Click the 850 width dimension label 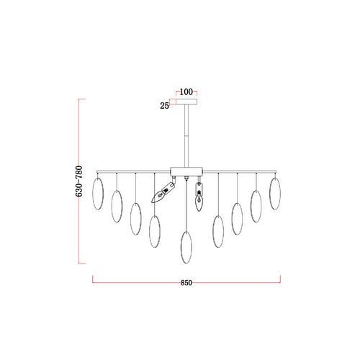click(186, 283)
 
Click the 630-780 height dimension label click(79, 181)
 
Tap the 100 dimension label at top click(186, 92)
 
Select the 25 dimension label click(164, 106)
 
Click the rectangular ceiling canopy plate click(186, 102)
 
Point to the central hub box click(186, 171)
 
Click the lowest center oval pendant click(186, 247)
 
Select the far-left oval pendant click(98, 194)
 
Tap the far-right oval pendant click(275, 194)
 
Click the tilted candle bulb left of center click(162, 192)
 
